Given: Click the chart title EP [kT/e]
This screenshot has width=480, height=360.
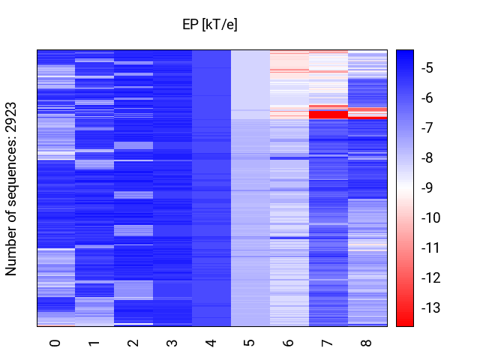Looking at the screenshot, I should pos(210,25).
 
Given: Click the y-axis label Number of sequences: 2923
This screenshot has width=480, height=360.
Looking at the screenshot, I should pos(12,188).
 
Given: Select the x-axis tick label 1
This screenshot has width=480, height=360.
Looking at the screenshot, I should pos(94,343).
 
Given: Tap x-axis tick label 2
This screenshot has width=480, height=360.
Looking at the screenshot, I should pos(133,343).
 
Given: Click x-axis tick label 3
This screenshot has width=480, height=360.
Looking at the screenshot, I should pos(172,343).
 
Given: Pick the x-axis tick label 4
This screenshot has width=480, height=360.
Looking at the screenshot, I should pos(211,343).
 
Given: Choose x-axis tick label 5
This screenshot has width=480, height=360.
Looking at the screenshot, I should pos(250,343).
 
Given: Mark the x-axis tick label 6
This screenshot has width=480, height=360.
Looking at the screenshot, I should pos(289,343).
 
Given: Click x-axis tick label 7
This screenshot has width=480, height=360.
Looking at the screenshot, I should pos(328,343).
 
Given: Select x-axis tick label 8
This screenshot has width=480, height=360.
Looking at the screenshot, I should pos(367,343).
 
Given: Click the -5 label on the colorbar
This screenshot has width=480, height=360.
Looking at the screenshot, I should pos(427,68).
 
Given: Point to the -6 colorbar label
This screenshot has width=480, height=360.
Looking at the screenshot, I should pos(427,98).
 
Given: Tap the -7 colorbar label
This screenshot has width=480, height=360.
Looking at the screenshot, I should pos(427,128).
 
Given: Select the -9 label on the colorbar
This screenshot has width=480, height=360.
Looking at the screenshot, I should pos(427,188).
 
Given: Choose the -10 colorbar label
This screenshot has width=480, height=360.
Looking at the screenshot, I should pos(430,218).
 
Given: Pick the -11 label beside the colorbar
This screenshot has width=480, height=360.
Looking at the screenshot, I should pos(430,248).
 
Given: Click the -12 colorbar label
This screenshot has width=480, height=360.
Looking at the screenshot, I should pos(430,278).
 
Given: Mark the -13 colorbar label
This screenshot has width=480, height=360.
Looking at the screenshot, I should pos(430,308).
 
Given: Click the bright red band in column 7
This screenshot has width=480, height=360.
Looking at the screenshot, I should pos(328,115).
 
